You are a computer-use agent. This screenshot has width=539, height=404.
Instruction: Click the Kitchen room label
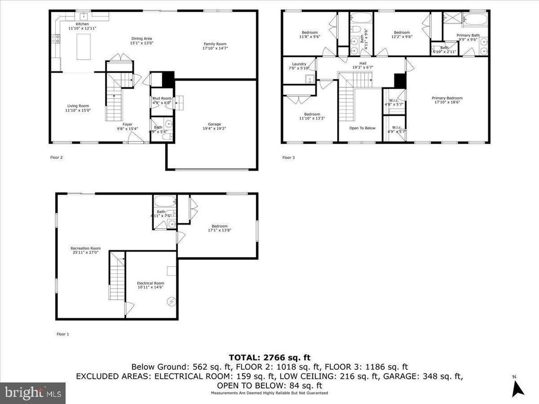(x=82, y=24)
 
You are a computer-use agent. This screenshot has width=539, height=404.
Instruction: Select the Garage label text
(x=214, y=124)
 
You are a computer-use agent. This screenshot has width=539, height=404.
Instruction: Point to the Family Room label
(x=215, y=44)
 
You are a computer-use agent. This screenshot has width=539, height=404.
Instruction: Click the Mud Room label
(x=162, y=98)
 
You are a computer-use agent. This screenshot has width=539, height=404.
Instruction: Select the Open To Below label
(x=362, y=128)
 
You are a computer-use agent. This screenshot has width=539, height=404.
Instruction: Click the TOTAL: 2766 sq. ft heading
(x=269, y=357)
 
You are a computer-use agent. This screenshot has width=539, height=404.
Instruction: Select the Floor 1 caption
(x=63, y=334)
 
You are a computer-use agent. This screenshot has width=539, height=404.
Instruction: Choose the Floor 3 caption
(x=288, y=157)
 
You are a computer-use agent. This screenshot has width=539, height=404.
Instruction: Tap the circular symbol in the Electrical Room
(x=171, y=301)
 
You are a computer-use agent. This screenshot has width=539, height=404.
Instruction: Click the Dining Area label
(x=142, y=38)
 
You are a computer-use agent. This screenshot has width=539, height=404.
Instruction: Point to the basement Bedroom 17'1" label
(x=220, y=226)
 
